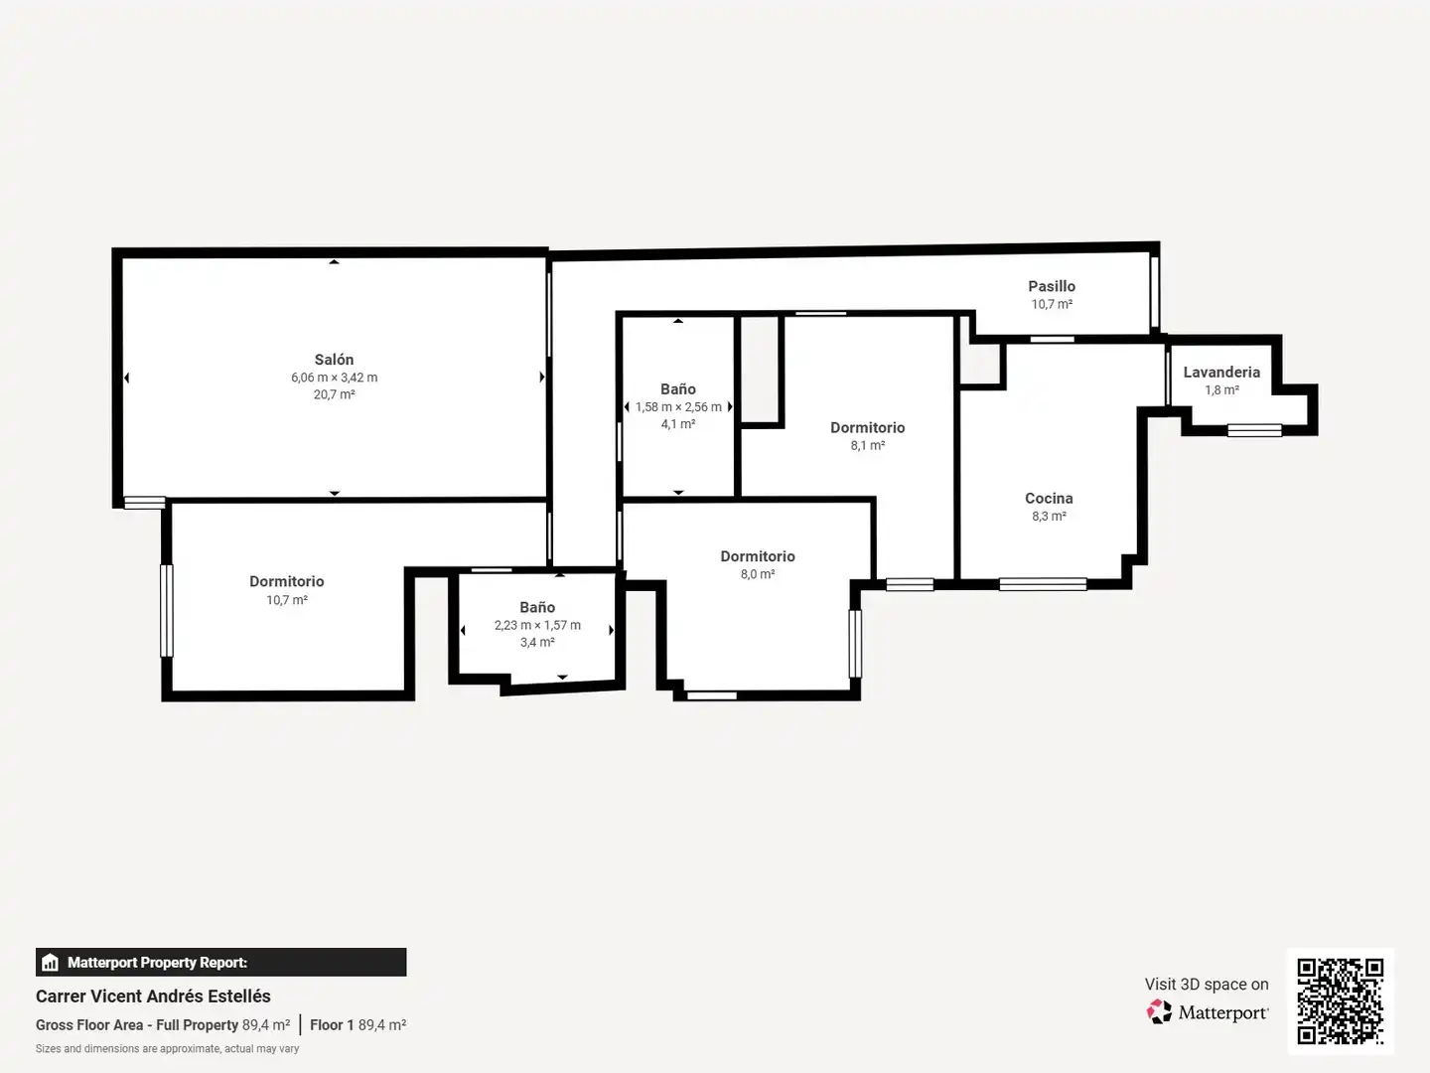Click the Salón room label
tap(334, 359)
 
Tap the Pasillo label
tap(1052, 286)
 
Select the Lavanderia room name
tap(1221, 372)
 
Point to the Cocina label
tap(1049, 499)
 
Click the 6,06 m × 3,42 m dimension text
tap(335, 378)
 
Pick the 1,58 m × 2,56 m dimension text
tap(678, 406)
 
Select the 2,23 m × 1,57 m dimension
tap(537, 625)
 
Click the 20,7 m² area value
tap(335, 394)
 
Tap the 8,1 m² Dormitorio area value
tap(868, 446)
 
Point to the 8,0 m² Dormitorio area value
tap(758, 574)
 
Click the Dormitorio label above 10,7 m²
tap(287, 581)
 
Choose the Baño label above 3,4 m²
tap(537, 607)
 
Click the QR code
tap(1340, 1001)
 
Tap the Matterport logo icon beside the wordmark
tap(1159, 1011)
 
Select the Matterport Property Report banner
tap(220, 963)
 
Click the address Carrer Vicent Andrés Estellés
tap(153, 996)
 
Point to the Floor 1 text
tap(332, 1024)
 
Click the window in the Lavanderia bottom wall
tap(1255, 430)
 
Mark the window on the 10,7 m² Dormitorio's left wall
tap(167, 610)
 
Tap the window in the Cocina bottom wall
tap(1043, 584)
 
